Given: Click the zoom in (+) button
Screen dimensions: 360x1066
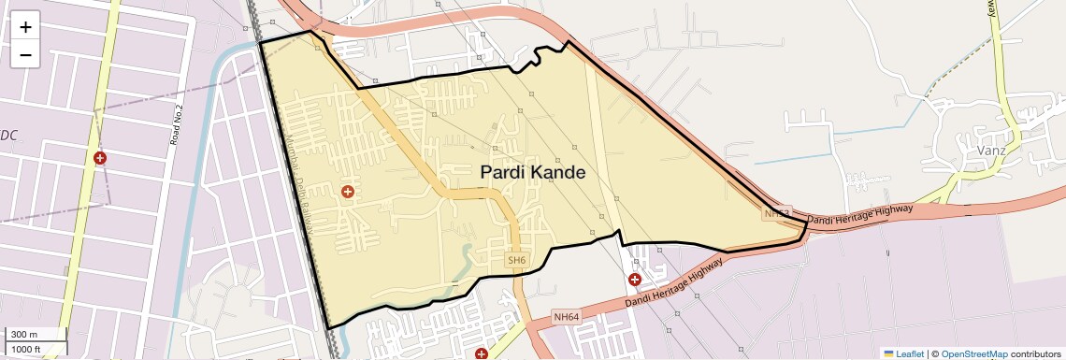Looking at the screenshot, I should [25, 27].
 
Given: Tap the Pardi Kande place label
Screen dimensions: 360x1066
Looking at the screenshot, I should [533, 173].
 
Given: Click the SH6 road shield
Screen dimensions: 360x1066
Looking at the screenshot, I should [517, 260].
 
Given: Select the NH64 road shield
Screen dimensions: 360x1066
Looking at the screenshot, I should [567, 317].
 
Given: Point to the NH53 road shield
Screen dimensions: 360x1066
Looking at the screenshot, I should [776, 214].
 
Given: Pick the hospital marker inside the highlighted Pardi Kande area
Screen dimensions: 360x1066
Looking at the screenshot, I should [348, 192].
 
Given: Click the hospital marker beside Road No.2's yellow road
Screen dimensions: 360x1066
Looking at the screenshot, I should [100, 158].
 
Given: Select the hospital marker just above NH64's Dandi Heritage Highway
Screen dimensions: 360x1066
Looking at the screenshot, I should [635, 279].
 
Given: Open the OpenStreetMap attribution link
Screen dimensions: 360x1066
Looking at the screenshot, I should [973, 353].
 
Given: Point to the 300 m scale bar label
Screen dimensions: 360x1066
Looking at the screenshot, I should [24, 335].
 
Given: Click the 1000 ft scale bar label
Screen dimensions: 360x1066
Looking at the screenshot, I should [26, 349].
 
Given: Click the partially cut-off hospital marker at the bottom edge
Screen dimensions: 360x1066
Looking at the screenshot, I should [481, 354].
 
